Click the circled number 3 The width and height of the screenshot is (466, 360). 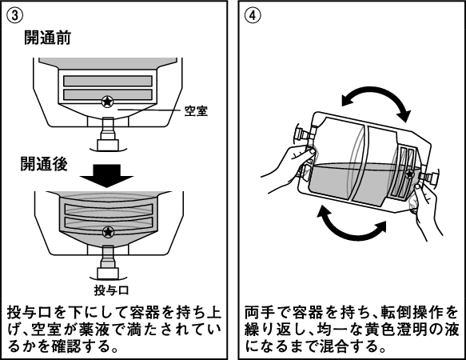tap(14, 15)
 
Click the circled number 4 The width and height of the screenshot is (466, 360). tap(253, 15)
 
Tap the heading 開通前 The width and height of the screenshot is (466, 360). tap(47, 38)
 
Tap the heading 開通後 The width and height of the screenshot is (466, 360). tap(44, 164)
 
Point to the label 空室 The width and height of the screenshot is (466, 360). tap(196, 111)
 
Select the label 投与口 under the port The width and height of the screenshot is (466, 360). tap(111, 290)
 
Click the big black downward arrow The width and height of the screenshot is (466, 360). tap(106, 175)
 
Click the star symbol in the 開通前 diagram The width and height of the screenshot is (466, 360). tap(107, 102)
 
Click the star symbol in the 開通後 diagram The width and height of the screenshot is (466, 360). tap(108, 231)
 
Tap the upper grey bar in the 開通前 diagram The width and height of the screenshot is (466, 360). tap(108, 81)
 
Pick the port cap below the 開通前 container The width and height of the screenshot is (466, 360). tap(109, 145)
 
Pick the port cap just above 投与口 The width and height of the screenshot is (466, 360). tap(108, 274)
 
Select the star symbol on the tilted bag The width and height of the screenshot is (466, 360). tap(410, 174)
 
